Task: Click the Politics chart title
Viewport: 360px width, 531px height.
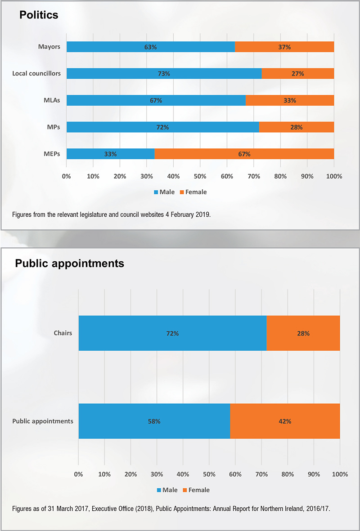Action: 39,15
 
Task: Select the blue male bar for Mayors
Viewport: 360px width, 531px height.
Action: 150,47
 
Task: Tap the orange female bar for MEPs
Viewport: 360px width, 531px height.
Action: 244,154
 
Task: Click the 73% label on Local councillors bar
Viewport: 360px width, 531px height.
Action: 164,73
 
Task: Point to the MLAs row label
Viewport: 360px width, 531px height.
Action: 51,100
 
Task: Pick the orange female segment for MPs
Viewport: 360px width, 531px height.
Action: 296,127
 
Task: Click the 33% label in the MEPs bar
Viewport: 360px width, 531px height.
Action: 110,154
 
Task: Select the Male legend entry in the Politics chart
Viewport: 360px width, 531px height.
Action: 164,192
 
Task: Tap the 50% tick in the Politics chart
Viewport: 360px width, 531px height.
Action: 200,176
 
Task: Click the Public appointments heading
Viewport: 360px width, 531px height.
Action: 70,263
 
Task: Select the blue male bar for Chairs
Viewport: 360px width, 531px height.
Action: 172,333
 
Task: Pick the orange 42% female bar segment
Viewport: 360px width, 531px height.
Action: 285,421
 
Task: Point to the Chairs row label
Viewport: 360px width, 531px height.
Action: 63,333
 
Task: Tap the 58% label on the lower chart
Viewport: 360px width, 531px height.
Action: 154,421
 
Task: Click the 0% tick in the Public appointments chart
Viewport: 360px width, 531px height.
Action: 79,474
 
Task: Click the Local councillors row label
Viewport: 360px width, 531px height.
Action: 36,73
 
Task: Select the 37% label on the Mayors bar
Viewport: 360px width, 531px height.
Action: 284,47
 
